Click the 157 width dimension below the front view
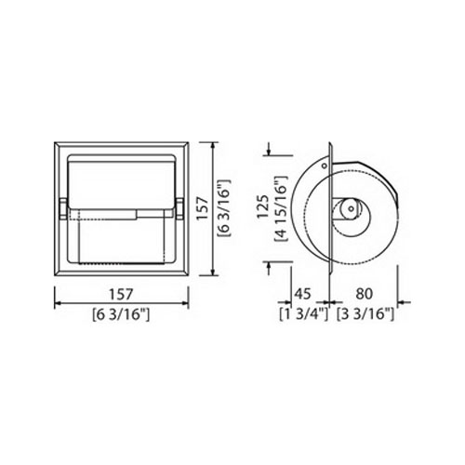pos(121,294)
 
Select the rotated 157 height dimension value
pos(203,208)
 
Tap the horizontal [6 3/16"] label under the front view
pos(121,315)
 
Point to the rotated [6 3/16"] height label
pos(224,208)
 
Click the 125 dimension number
pos(264,206)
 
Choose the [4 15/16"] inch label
pos(282,208)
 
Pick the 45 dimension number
pos(302,294)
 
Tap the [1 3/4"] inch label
pos(303,314)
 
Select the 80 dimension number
pos(364,294)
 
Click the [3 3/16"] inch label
pos(365,314)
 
